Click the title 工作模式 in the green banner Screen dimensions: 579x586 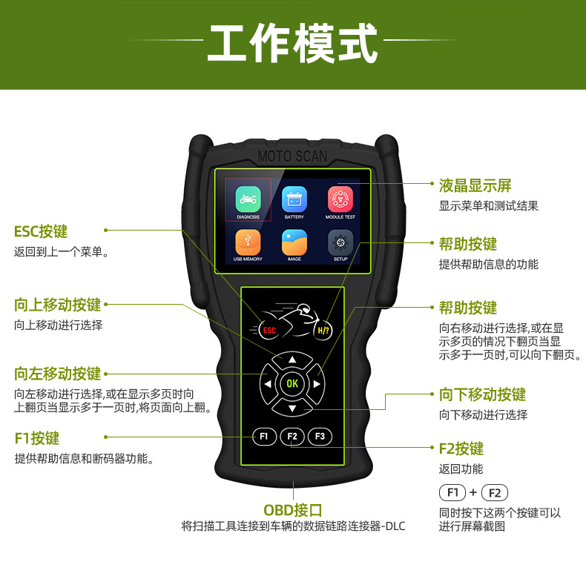(x=292, y=44)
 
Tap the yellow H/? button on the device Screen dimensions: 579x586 (x=323, y=330)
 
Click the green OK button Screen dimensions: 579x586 (x=292, y=383)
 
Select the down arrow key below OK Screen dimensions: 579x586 (x=292, y=408)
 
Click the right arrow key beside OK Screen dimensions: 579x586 (x=317, y=384)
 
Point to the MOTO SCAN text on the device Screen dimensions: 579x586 (x=292, y=156)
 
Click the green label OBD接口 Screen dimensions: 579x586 (x=293, y=510)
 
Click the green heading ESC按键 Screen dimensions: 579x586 (x=41, y=231)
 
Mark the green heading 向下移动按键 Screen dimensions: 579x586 (x=482, y=394)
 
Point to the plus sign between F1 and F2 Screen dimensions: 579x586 (x=473, y=493)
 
